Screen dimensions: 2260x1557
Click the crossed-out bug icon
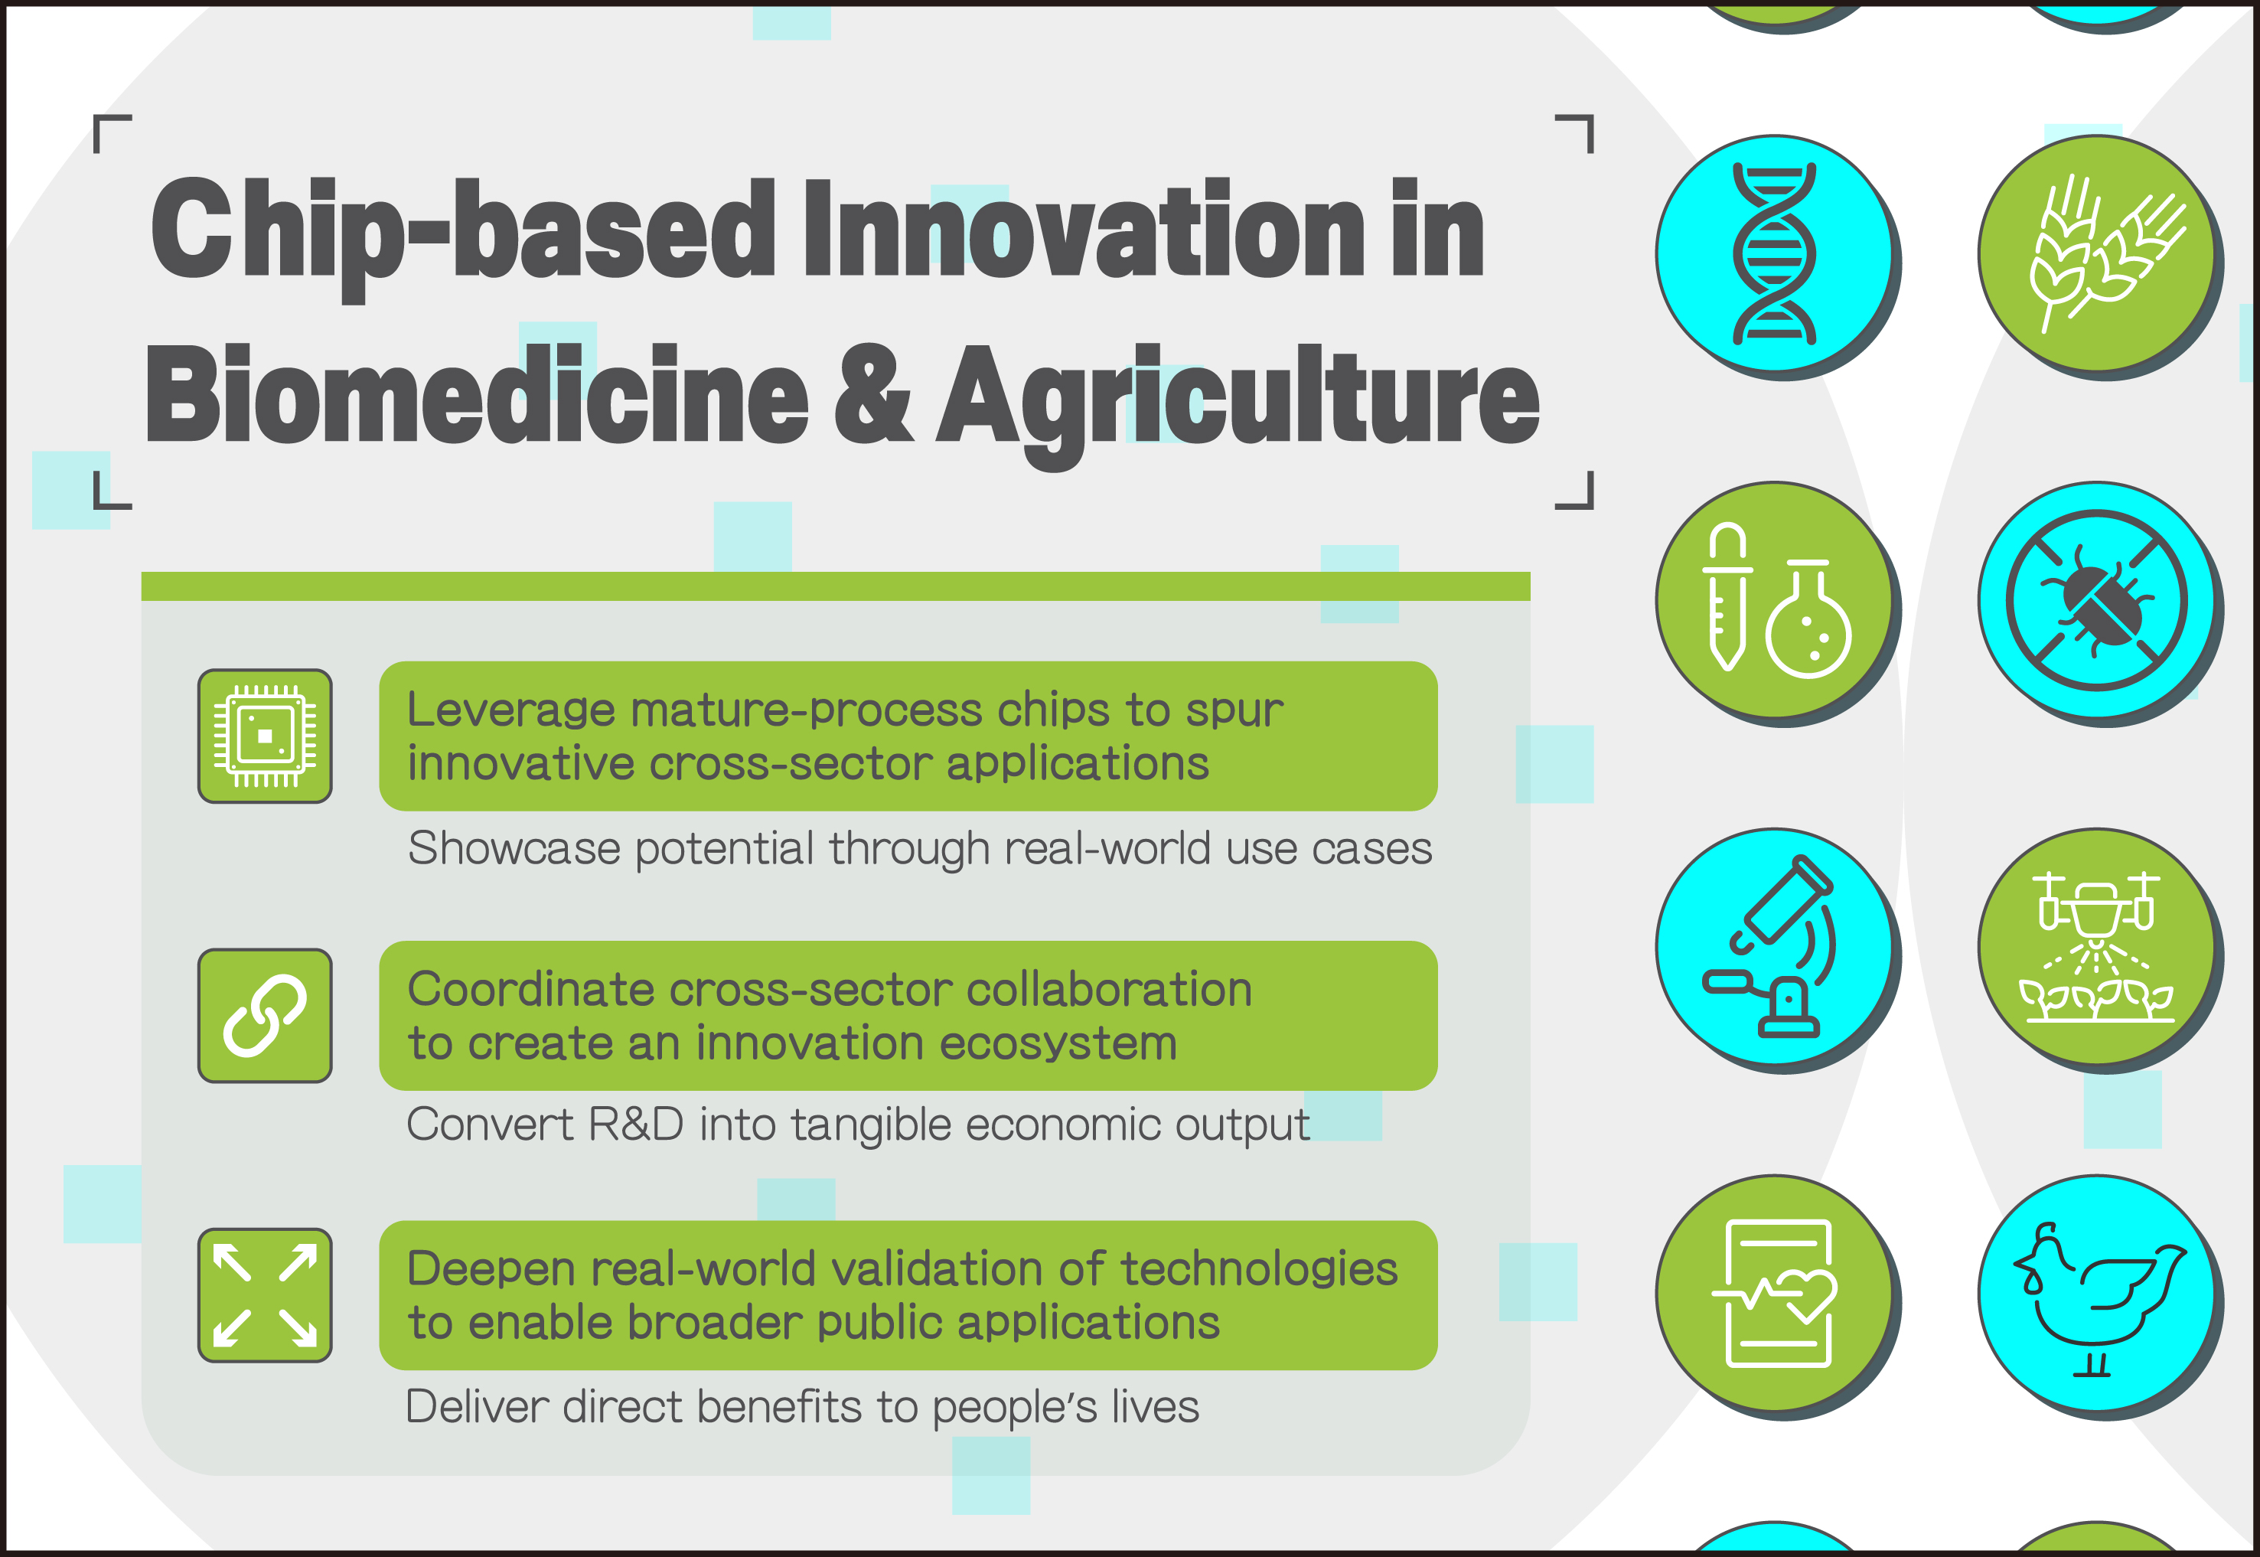tap(2096, 600)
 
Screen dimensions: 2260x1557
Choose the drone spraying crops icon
tap(2096, 946)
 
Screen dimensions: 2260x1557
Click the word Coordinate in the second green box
tap(532, 989)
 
